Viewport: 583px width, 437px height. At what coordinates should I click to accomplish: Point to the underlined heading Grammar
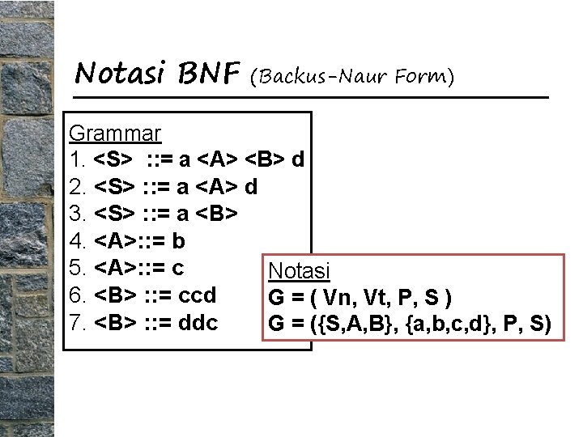115,132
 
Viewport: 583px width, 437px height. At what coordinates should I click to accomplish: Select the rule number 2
78,187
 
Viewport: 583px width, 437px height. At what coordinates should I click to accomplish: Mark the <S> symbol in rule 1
116,159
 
